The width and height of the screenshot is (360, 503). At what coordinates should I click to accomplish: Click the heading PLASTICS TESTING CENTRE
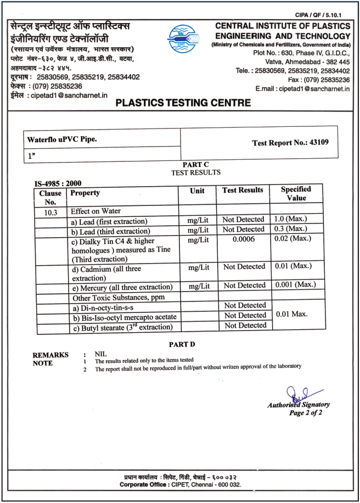[x=184, y=103]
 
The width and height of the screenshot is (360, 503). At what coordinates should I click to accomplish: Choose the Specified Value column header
[x=296, y=193]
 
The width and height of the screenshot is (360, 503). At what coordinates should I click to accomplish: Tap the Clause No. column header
[x=50, y=197]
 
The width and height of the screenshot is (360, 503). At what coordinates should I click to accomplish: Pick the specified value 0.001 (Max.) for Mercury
[x=295, y=285]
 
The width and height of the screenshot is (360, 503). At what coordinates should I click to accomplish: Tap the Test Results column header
[x=243, y=190]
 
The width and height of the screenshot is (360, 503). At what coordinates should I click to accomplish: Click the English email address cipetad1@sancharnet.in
[x=302, y=88]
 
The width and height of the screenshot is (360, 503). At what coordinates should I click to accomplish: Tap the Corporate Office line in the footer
[x=180, y=485]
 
